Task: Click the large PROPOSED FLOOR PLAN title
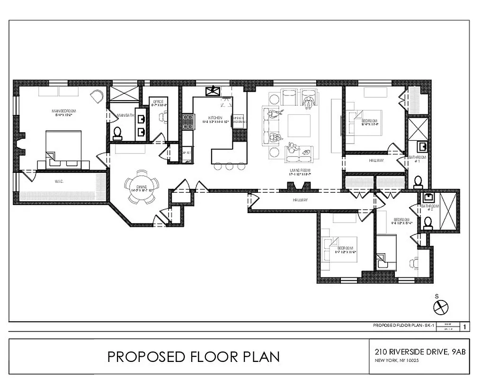click(x=193, y=356)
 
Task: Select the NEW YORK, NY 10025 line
click(x=397, y=361)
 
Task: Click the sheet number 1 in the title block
click(x=465, y=326)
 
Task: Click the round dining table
click(x=141, y=187)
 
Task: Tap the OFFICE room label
click(x=158, y=103)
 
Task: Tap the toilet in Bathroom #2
click(x=428, y=222)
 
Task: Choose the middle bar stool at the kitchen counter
click(x=230, y=166)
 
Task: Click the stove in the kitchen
click(x=187, y=122)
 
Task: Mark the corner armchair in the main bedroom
click(x=98, y=96)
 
